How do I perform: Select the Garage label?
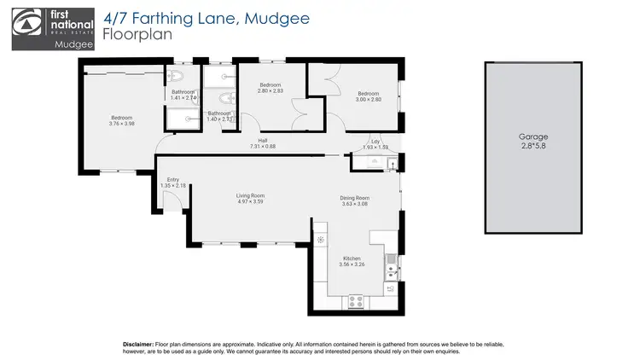pyautogui.click(x=533, y=136)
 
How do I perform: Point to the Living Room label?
pyautogui.click(x=251, y=196)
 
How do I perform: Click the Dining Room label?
pyautogui.click(x=354, y=198)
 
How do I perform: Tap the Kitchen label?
pyautogui.click(x=352, y=258)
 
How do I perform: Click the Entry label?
pyautogui.click(x=172, y=179)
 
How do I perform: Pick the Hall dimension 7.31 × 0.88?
pyautogui.click(x=263, y=147)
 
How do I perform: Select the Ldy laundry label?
pyautogui.click(x=375, y=141)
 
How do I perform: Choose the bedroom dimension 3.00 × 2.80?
pyautogui.click(x=369, y=99)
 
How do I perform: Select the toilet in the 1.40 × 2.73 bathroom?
pyautogui.click(x=219, y=97)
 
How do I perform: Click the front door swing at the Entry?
pyautogui.click(x=171, y=201)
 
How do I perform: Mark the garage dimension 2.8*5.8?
pyautogui.click(x=533, y=146)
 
